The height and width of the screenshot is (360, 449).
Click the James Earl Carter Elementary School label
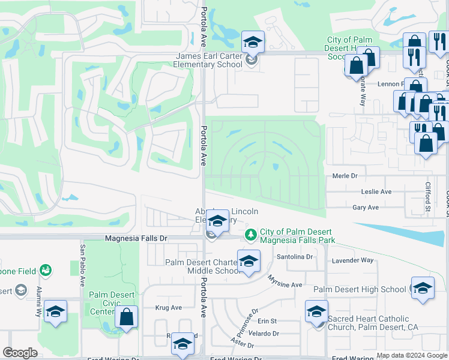208,61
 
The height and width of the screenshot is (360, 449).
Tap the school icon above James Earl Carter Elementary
253,43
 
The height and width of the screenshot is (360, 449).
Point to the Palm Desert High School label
360,289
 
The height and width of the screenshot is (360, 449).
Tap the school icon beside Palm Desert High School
423,288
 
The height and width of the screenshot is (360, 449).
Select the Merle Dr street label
345,176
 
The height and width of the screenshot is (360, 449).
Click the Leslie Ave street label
376,192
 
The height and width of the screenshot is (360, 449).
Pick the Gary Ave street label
366,208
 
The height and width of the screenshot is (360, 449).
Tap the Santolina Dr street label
295,257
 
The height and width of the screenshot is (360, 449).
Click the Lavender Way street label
357,260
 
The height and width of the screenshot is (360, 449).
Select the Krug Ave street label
168,308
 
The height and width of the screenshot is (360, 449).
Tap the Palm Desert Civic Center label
106,302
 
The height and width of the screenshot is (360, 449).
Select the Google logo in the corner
20,353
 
